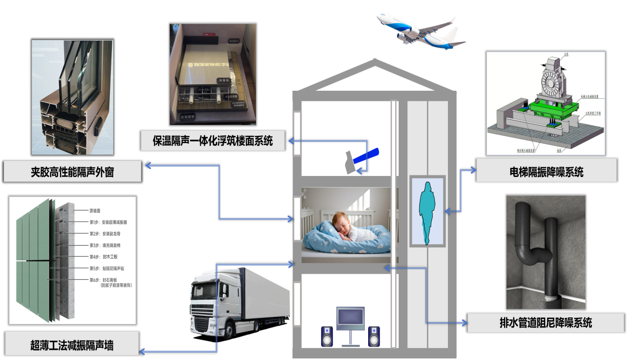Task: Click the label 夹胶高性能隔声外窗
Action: point(72,172)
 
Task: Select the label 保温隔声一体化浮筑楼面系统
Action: point(213,140)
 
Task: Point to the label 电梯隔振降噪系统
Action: point(546,172)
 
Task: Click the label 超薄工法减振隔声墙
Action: point(72,345)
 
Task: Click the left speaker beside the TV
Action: point(327,336)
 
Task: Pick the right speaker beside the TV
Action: point(374,336)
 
